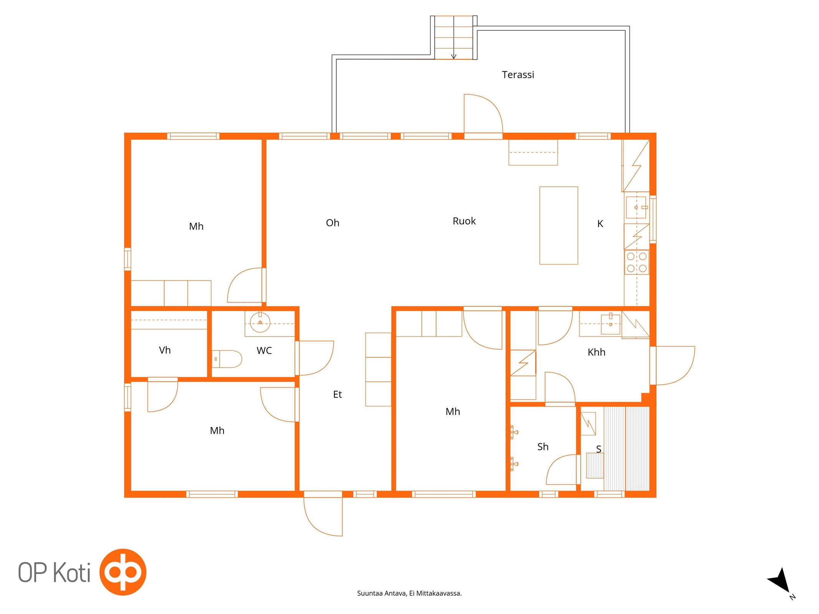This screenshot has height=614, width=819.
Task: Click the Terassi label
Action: point(518,74)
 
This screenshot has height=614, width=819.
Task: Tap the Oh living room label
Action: point(333,223)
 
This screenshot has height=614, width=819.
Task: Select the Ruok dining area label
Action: point(464,221)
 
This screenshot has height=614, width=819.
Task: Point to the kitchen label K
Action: point(600,224)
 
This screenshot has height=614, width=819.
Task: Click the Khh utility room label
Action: point(596,352)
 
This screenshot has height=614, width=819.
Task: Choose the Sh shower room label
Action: point(543,447)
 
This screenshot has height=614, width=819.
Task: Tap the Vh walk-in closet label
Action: point(165,350)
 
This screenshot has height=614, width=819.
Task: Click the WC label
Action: point(264,350)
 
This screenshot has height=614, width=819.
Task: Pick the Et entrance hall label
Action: point(337,394)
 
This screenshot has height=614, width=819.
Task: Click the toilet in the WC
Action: point(227,359)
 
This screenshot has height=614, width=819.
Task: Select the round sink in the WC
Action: point(260,322)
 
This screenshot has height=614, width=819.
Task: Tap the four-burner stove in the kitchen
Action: point(637,262)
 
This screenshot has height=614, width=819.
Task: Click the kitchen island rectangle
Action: point(559,226)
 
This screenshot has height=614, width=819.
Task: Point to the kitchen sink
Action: point(636,207)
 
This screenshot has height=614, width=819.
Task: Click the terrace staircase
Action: point(453,38)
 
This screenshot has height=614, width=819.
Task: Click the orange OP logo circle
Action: point(123,572)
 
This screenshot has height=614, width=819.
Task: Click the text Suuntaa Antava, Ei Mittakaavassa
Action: point(409,593)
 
